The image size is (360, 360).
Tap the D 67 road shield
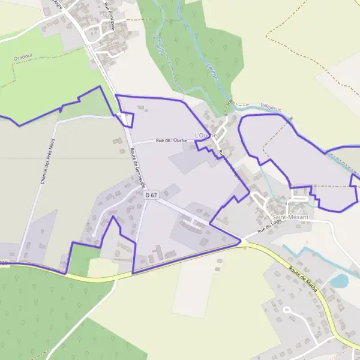click(x=151, y=195)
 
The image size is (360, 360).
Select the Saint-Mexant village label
click(x=290, y=217)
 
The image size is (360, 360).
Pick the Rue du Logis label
click(x=269, y=226)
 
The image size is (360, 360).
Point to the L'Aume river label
click(x=211, y=72)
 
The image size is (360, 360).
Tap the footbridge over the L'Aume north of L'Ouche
click(x=229, y=106)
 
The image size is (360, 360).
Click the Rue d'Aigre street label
click(x=58, y=5)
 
